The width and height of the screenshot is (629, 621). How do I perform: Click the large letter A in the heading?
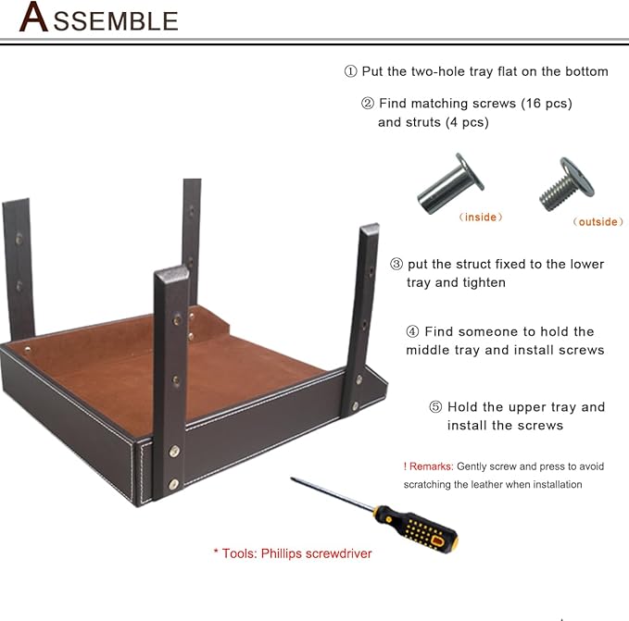(x=34, y=17)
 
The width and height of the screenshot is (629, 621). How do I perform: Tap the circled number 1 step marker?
(x=350, y=71)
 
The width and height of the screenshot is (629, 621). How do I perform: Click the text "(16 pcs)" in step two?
(x=547, y=104)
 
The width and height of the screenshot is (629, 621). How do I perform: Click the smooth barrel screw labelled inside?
(x=450, y=184)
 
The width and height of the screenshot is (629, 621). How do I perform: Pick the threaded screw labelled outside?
(x=566, y=184)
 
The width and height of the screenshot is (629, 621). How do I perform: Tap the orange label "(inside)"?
(x=481, y=217)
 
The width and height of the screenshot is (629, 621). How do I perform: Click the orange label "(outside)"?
(x=598, y=221)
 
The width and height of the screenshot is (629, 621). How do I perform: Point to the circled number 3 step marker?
(x=396, y=264)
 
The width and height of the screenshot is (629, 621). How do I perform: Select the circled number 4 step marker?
(x=412, y=331)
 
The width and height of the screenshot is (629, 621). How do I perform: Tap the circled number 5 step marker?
(x=435, y=407)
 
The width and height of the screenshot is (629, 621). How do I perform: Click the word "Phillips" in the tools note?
(x=281, y=553)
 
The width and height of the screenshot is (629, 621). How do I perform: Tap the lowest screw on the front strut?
(x=174, y=484)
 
